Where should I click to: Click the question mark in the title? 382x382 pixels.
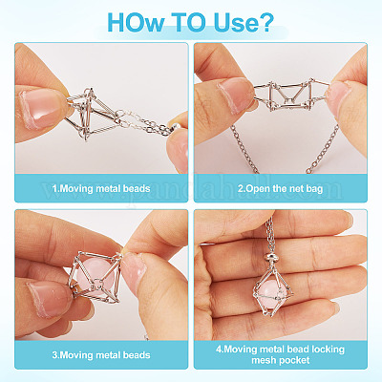(x=266, y=22)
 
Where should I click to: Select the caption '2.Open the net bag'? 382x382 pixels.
(x=280, y=188)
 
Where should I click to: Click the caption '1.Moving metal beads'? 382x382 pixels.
(x=101, y=188)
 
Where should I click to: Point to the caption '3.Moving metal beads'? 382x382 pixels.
(x=101, y=355)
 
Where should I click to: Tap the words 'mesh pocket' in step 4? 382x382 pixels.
(x=281, y=360)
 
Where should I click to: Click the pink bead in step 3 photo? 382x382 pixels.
(x=96, y=275)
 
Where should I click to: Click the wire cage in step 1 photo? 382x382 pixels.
(x=90, y=114)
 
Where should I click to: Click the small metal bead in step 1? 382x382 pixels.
(x=175, y=126)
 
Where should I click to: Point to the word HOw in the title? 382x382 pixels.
(x=137, y=22)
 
